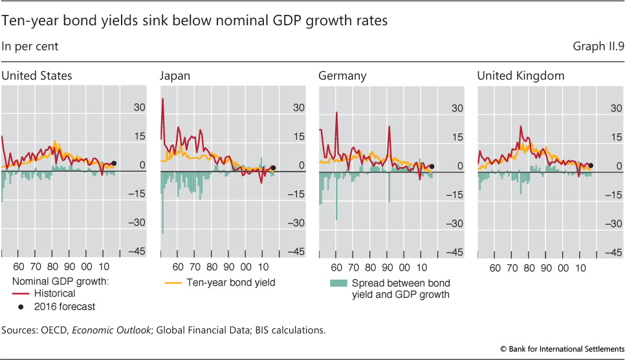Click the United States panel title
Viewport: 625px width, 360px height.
click(x=36, y=76)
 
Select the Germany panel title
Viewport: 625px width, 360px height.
click(x=342, y=76)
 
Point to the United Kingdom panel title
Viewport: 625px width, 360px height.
click(x=521, y=76)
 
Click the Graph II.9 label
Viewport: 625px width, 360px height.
click(x=597, y=47)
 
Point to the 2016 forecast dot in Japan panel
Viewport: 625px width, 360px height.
click(x=273, y=168)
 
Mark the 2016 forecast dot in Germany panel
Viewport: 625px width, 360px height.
click(x=432, y=166)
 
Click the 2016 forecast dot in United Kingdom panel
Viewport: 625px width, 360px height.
click(x=590, y=165)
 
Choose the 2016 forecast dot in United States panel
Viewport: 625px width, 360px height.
click(x=115, y=164)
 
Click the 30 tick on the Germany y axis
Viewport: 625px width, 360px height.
click(x=457, y=108)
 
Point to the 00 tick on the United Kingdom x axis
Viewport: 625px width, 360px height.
click(x=564, y=266)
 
